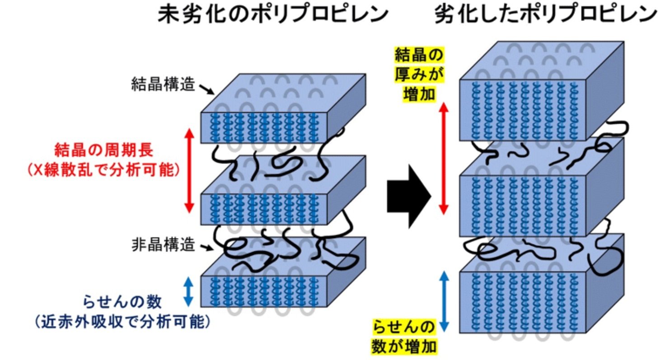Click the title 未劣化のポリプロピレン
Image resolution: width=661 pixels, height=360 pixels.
click(x=273, y=14)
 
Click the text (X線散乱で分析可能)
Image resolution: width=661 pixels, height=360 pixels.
click(x=103, y=169)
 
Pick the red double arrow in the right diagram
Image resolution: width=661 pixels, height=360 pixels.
click(x=444, y=158)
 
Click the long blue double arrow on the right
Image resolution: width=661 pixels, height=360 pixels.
click(x=444, y=301)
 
